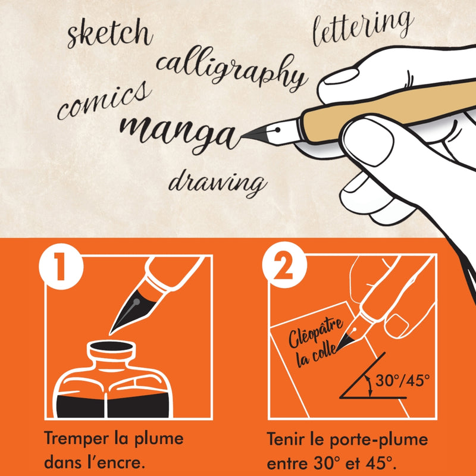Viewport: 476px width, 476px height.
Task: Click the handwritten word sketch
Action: click(109, 33)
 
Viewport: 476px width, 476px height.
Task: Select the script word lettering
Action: click(362, 27)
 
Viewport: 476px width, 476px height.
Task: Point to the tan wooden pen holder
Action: click(333, 117)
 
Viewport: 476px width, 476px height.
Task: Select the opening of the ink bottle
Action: click(110, 345)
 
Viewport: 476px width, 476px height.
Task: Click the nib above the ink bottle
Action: click(128, 309)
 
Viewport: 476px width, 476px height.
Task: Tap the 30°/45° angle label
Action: click(405, 381)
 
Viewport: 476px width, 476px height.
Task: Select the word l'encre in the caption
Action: click(120, 462)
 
